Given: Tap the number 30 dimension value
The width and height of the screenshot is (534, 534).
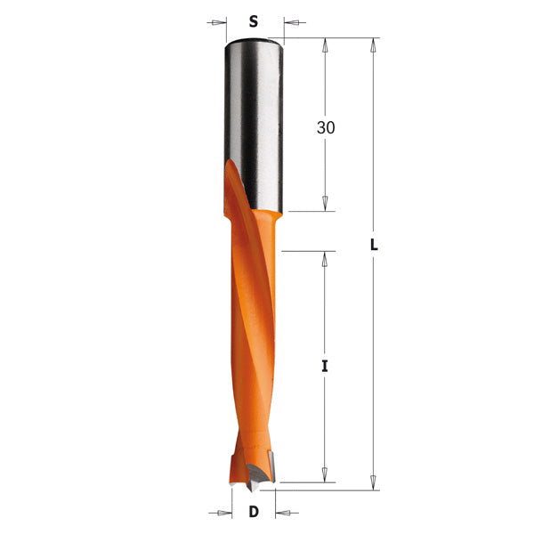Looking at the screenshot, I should pos(326,127).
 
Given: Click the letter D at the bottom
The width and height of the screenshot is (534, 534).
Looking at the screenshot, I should pos(254,512).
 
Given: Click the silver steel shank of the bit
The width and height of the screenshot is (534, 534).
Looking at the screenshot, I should pos(254,107).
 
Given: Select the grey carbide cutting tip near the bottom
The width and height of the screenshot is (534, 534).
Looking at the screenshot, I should pos(264,464).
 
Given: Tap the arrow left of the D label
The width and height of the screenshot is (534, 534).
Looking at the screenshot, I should pos(224,512).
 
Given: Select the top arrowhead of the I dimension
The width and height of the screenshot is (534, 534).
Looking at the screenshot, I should pos(326,259).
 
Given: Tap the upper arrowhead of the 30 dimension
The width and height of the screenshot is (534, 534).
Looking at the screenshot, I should pos(326,45).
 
